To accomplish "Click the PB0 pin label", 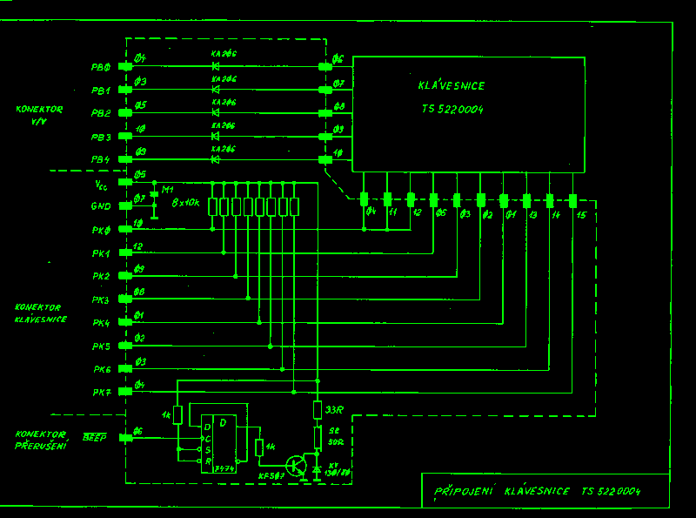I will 100,67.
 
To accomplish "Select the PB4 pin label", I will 100,160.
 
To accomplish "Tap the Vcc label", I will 102,184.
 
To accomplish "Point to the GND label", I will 102,207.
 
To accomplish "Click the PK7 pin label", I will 102,393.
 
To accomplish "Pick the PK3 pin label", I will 102,300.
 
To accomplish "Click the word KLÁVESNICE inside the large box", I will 451,86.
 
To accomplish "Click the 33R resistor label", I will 333,409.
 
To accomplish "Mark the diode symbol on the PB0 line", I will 215,66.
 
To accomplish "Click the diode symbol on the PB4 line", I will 215,159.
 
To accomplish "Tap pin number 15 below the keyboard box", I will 580,214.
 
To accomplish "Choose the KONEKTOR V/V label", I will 39,115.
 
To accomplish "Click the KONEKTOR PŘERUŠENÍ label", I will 40,440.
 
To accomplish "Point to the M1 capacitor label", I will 169,189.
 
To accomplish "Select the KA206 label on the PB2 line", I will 224,101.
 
